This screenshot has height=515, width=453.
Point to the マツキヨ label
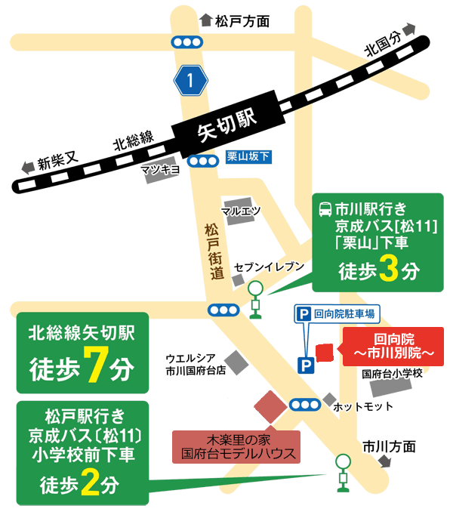(160, 170)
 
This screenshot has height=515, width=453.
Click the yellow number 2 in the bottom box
(90, 484)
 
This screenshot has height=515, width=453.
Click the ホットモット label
(362, 407)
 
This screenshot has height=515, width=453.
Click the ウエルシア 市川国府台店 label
(196, 365)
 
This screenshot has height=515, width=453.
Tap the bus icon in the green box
(325, 207)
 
